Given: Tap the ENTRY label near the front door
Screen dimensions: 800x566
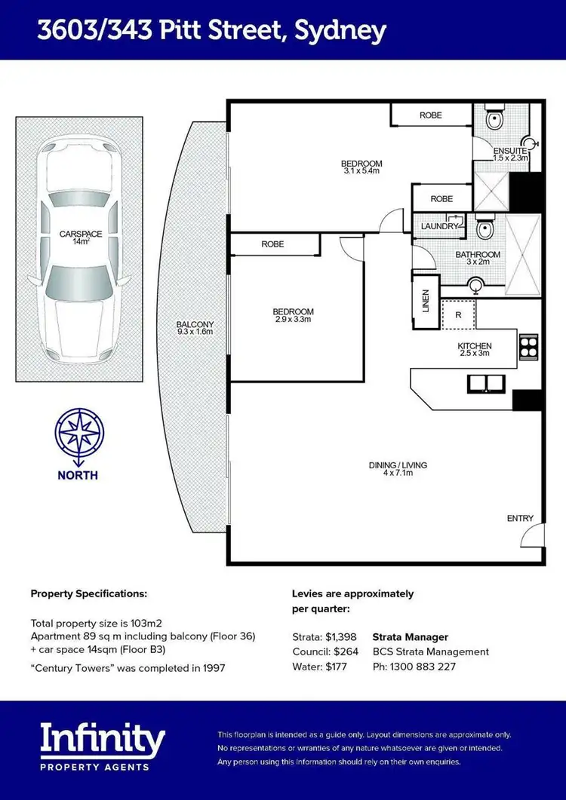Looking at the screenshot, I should (x=520, y=518).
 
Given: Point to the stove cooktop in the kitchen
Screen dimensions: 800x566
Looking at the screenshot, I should (x=527, y=348).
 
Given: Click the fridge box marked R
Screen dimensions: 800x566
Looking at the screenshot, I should (x=458, y=314).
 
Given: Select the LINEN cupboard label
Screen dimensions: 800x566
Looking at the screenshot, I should (x=425, y=299).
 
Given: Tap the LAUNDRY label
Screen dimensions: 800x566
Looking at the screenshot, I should (x=439, y=226).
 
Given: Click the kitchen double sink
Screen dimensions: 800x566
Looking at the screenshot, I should (x=488, y=383).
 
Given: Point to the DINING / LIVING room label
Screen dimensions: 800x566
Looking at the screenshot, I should (x=398, y=470).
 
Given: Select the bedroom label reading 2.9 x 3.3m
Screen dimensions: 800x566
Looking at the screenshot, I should (x=293, y=315).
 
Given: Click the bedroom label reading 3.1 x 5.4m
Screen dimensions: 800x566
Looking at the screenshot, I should (x=361, y=167).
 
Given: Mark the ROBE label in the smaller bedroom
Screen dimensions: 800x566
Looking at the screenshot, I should (x=272, y=244).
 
